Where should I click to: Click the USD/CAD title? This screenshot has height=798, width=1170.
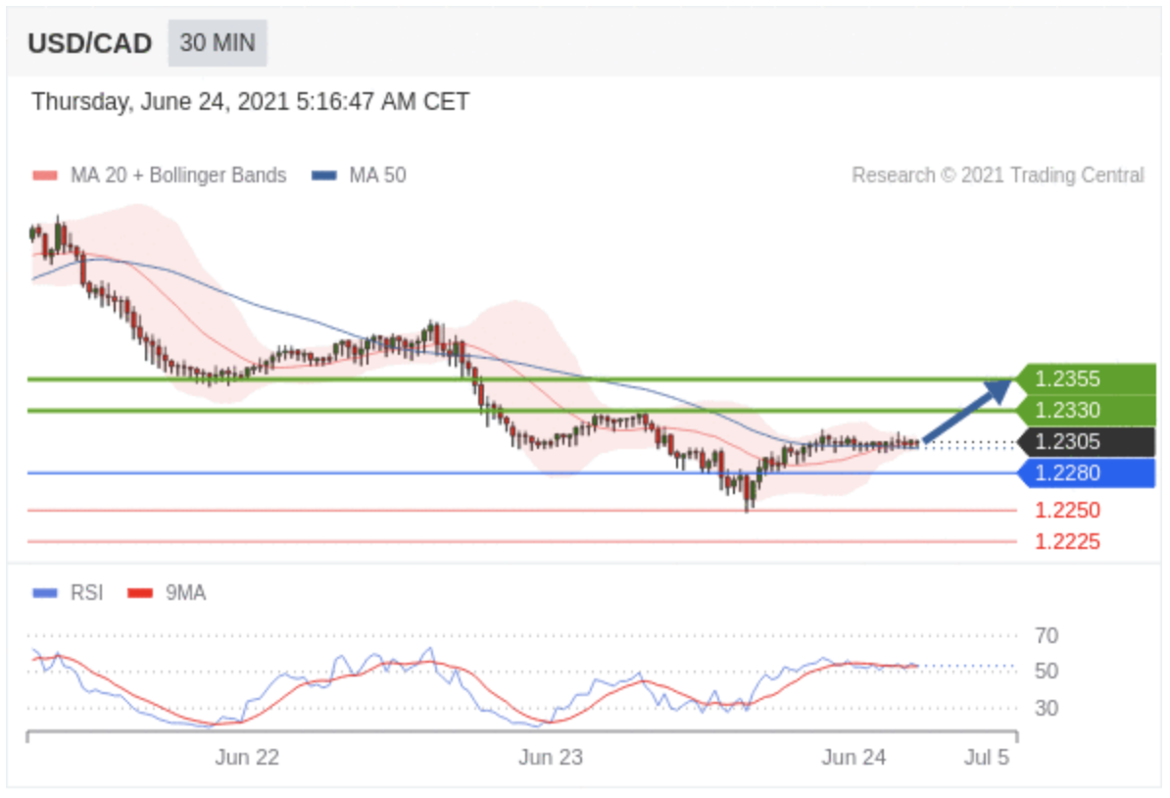coord(89,44)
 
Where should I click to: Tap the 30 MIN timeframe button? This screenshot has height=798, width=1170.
coord(218,43)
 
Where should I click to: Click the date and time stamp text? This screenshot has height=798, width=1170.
coord(250,102)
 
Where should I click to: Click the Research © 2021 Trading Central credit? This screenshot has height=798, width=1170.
coord(997,175)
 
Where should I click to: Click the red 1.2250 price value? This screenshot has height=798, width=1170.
coord(1067,510)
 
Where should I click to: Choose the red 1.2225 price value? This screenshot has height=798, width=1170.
coord(1067,541)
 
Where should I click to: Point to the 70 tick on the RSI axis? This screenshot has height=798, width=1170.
coord(1047,636)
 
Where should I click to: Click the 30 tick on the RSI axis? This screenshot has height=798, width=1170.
coord(1047,708)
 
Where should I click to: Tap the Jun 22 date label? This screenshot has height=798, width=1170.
coord(247,757)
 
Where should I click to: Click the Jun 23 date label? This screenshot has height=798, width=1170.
coord(550,757)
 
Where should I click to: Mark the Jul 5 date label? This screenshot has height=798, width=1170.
coord(986,757)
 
